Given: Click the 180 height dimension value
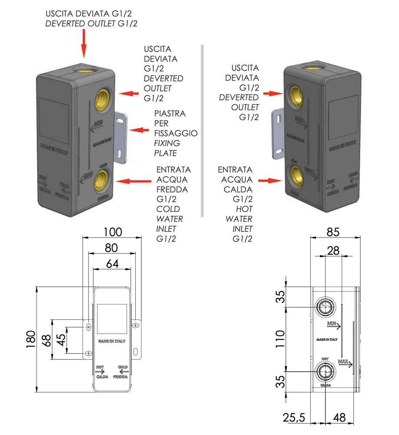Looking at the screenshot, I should click(x=30, y=339).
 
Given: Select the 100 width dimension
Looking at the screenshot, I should click(x=112, y=231).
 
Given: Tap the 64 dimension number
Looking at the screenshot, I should click(x=112, y=263).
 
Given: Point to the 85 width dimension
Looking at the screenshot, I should click(x=333, y=231).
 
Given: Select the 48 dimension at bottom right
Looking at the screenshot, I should click(x=339, y=418).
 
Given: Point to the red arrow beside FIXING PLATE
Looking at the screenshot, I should click(x=140, y=130).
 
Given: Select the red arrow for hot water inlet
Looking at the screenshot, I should click(x=269, y=180).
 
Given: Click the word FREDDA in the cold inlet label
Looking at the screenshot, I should click(x=173, y=190).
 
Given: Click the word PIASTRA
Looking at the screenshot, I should click(x=170, y=114).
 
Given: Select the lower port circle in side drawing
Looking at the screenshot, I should click(x=325, y=372).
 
